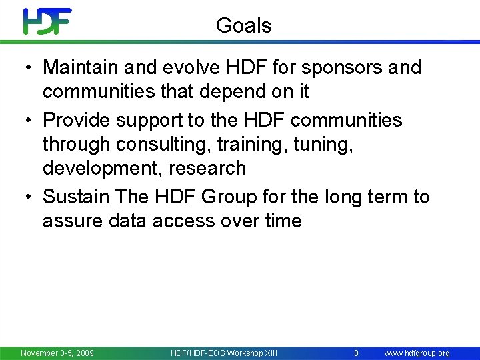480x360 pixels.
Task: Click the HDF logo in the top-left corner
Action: (47, 21)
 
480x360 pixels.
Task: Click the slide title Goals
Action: (244, 26)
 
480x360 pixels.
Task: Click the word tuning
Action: (329, 144)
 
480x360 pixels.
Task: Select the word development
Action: (103, 168)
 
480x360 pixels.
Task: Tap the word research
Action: (207, 168)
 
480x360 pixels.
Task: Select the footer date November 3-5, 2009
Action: (57, 353)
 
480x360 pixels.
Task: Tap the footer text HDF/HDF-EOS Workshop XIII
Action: (224, 353)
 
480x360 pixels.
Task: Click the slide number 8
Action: (356, 353)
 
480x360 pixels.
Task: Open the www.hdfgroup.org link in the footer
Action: (417, 353)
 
